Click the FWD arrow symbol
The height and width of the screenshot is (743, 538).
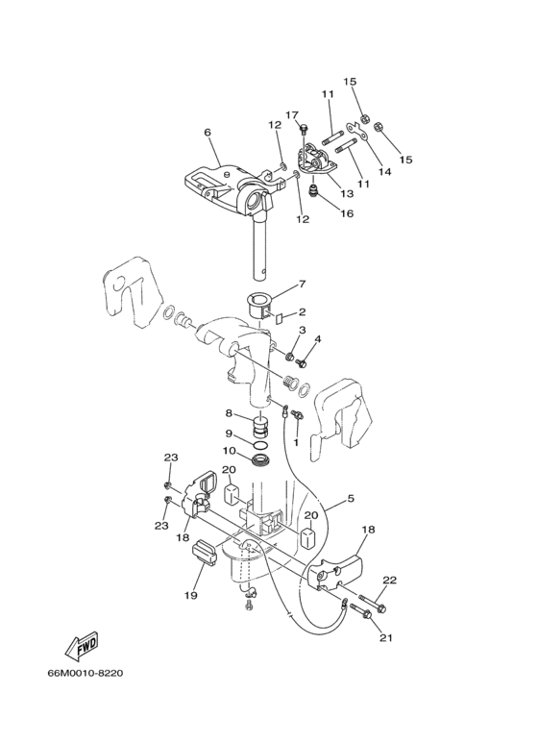click(82, 646)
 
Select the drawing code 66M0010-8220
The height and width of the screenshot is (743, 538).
click(86, 673)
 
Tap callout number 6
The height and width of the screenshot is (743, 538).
click(208, 133)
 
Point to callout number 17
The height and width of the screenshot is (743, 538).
click(292, 114)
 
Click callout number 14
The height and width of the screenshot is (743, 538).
click(384, 171)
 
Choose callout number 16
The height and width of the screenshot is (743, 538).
click(347, 213)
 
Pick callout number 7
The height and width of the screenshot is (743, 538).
click(303, 284)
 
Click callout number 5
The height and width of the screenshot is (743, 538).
click(351, 499)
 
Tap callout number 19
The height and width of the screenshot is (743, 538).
click(191, 596)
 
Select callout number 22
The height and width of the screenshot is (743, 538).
click(390, 580)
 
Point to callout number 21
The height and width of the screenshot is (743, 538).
click(386, 638)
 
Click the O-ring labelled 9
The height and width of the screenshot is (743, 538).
click(260, 445)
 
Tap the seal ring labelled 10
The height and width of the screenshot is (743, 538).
click(261, 459)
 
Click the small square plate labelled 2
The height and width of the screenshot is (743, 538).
click(279, 318)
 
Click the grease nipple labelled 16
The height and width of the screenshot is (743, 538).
click(313, 191)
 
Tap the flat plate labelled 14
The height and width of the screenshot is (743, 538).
click(357, 132)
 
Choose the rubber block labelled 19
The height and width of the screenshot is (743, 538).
click(204, 555)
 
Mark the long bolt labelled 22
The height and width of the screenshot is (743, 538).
click(373, 602)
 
